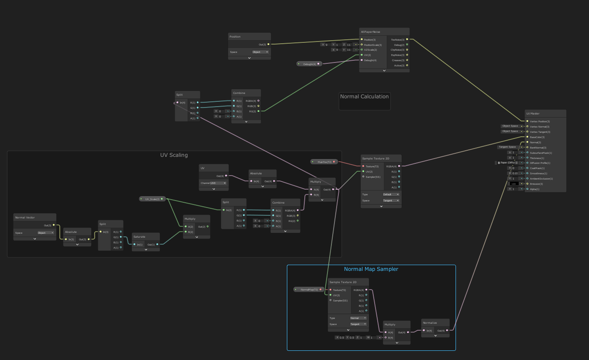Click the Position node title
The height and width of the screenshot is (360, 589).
click(x=235, y=37)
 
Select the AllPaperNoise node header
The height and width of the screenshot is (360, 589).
click(x=370, y=31)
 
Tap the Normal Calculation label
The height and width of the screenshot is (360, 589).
click(x=364, y=97)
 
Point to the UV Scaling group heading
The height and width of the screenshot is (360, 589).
click(x=174, y=155)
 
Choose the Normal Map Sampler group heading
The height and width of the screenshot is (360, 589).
click(x=371, y=269)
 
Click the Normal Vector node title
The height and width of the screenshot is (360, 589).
click(x=25, y=218)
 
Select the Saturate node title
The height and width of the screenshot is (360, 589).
click(x=139, y=237)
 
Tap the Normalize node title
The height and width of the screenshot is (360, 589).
click(x=430, y=322)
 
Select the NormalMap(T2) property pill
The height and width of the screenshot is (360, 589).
click(x=309, y=289)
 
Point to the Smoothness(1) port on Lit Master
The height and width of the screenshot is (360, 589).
click(x=538, y=173)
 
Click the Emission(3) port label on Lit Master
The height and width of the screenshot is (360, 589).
click(x=537, y=184)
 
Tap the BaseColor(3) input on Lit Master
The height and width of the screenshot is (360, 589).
click(x=537, y=137)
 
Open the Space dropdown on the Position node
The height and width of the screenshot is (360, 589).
click(x=260, y=52)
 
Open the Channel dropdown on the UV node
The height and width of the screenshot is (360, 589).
click(x=219, y=183)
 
